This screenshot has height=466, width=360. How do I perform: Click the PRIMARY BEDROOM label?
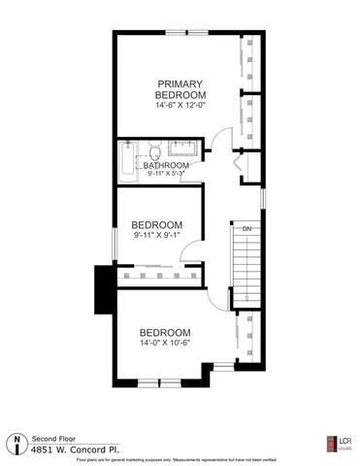(180, 89)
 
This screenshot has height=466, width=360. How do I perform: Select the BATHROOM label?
(166, 166)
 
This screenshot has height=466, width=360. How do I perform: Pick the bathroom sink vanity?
(182, 150)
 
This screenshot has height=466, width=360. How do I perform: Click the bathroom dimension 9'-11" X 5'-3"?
(166, 176)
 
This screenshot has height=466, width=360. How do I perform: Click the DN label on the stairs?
(247, 229)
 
